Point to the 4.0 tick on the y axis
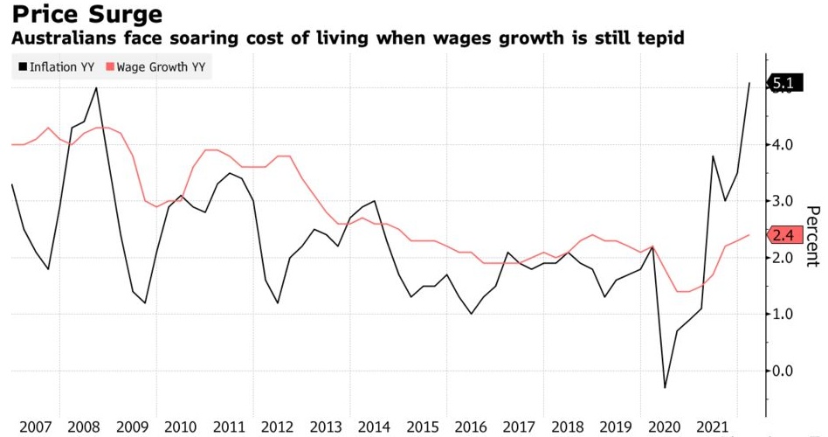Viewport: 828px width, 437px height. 783,145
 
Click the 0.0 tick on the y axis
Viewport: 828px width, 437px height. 783,371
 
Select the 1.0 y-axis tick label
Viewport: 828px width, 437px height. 783,315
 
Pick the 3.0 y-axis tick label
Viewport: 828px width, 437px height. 783,201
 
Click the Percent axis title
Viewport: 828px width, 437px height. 812,236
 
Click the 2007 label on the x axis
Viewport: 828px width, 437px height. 35,427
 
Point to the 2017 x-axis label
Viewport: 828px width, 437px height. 521,427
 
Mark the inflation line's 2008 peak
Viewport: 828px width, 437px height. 96,87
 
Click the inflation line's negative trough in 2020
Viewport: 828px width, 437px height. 665,387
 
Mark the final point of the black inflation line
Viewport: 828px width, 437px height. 749,83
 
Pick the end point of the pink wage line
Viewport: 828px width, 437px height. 749,235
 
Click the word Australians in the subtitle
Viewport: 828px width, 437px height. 55,38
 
